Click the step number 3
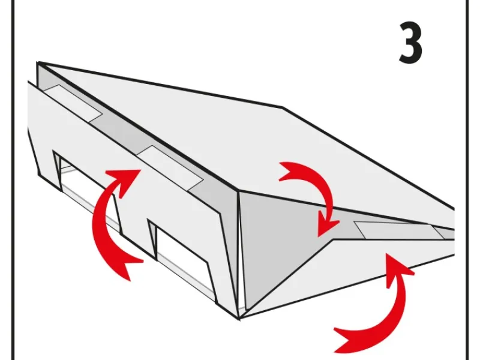[410, 43]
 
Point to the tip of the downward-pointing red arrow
[319, 236]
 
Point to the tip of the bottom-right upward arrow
[386, 253]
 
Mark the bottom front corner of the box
[239, 319]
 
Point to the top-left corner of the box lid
[38, 63]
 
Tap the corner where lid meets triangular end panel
[238, 192]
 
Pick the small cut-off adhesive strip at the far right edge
[445, 233]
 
